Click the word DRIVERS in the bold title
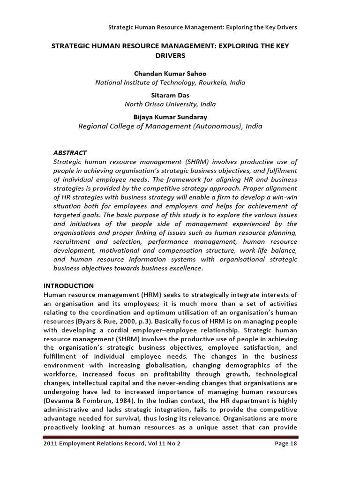click(170, 56)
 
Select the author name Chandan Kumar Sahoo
click(170, 74)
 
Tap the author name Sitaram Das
click(170, 95)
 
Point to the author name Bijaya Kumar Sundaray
click(170, 117)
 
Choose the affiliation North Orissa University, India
click(170, 104)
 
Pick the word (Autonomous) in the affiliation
click(216, 126)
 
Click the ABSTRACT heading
click(70, 153)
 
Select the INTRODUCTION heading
click(68, 285)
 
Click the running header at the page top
click(202, 27)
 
